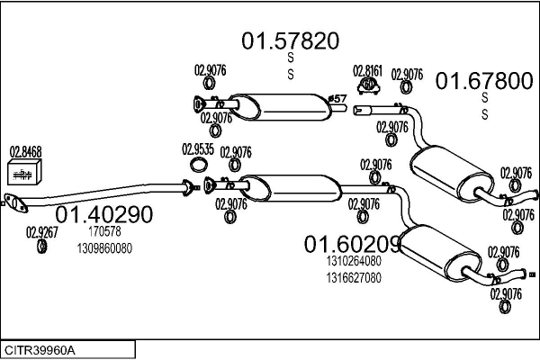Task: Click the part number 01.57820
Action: point(289,40)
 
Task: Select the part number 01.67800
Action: point(483,81)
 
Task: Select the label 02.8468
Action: point(26,151)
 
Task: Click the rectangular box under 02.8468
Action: point(26,172)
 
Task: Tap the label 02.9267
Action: point(41,231)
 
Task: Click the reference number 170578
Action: point(104,232)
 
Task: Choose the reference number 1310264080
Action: point(353,262)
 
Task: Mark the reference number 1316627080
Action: point(353,277)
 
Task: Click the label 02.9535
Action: point(198,149)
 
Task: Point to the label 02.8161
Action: point(367,70)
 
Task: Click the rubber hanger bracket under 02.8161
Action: point(368,85)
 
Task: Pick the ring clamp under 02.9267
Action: point(41,246)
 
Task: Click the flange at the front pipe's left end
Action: point(12,202)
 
